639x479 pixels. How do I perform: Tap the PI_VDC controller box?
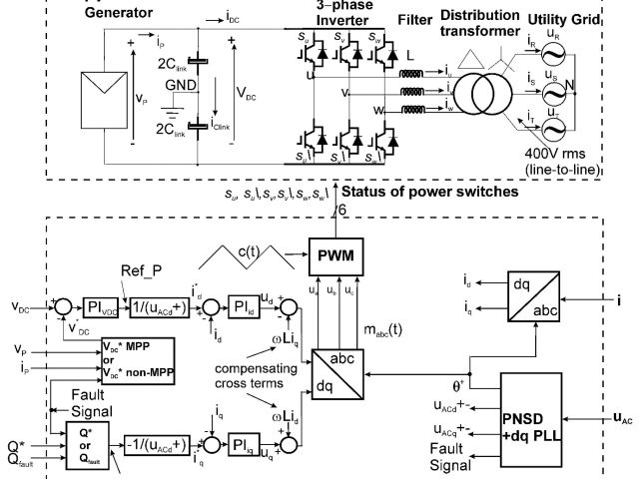pyautogui.click(x=100, y=306)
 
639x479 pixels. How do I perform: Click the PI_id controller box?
pyautogui.click(x=243, y=306)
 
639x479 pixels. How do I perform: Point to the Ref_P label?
pyautogui.click(x=139, y=270)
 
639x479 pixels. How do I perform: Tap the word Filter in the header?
pyautogui.click(x=416, y=19)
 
